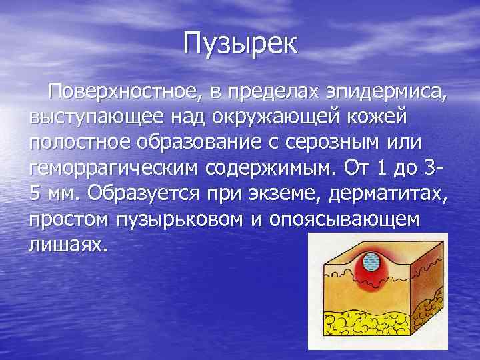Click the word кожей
[x=377, y=117]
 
